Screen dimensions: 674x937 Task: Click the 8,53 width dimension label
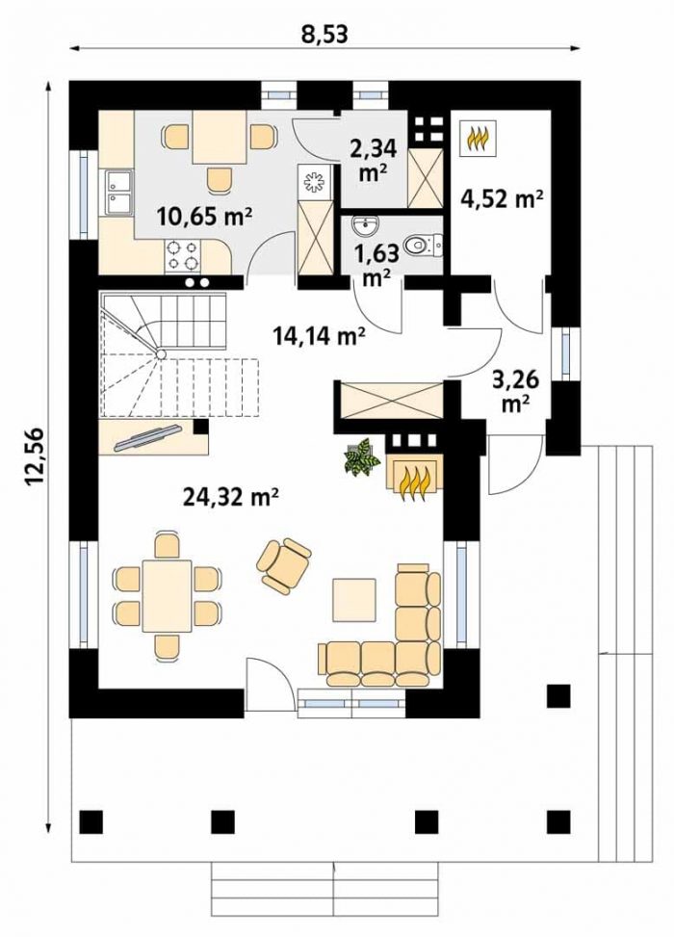324,34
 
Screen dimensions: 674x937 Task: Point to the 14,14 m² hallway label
320,336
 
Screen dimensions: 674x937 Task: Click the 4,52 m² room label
502,197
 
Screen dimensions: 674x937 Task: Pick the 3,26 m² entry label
516,391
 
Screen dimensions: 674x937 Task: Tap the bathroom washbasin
364,226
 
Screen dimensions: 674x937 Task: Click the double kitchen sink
118,192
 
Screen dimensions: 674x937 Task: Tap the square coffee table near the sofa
355,600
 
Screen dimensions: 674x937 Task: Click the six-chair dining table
168,596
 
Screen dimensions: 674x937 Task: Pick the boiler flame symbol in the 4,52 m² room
478,139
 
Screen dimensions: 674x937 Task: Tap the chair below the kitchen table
220,180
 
